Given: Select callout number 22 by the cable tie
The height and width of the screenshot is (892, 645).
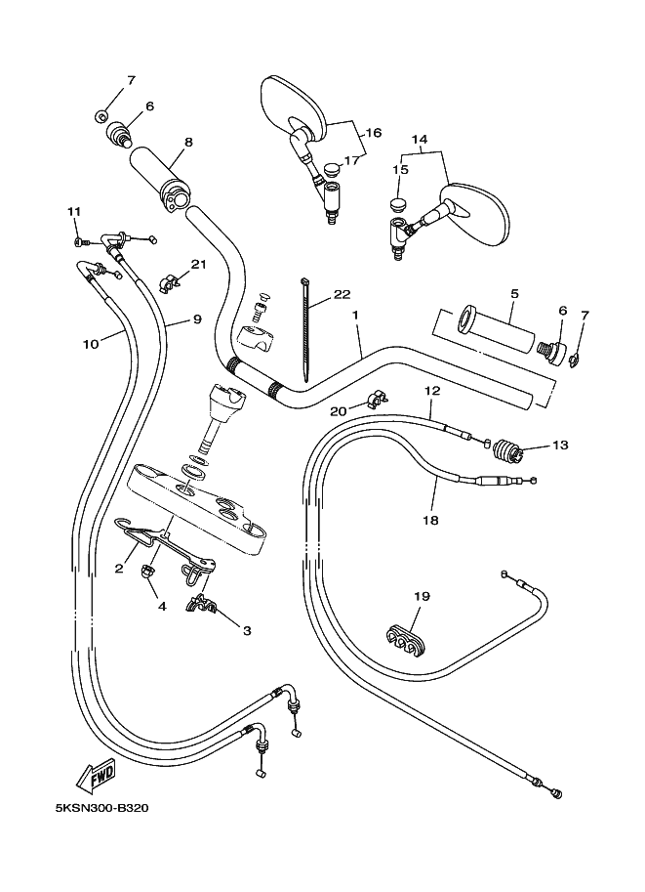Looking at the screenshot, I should pyautogui.click(x=342, y=294).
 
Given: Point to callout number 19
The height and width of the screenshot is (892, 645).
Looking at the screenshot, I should pyautogui.click(x=421, y=596).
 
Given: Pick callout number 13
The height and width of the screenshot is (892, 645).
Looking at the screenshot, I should pyautogui.click(x=559, y=446).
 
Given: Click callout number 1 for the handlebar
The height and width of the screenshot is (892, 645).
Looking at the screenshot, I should pyautogui.click(x=356, y=316).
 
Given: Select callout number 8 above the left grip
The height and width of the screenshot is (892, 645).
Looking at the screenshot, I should pyautogui.click(x=188, y=142).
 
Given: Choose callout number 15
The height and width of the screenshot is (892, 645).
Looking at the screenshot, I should pyautogui.click(x=400, y=170).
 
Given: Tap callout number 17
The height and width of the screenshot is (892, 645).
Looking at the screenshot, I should pyautogui.click(x=351, y=161).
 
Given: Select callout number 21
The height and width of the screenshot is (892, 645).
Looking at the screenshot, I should pyautogui.click(x=199, y=265).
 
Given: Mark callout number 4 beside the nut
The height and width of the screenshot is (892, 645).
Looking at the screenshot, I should pyautogui.click(x=162, y=606).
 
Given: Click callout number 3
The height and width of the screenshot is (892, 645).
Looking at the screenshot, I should pyautogui.click(x=247, y=631).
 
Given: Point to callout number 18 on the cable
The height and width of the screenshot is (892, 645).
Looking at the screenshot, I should pyautogui.click(x=430, y=521).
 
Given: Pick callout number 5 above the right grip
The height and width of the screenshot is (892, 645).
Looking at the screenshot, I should pyautogui.click(x=513, y=292).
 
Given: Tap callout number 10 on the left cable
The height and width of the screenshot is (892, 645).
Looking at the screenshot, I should pyautogui.click(x=91, y=344).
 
